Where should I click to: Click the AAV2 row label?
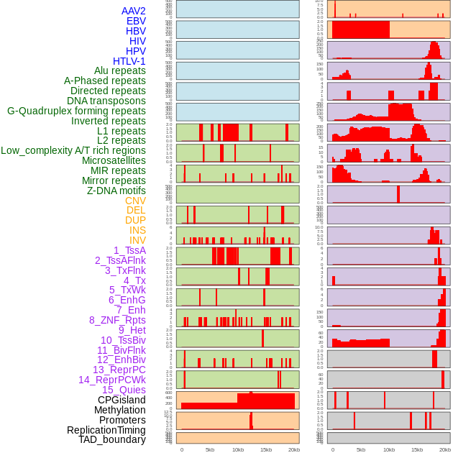[133, 11]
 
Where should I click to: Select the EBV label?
[136, 21]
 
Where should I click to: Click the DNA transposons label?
[106, 101]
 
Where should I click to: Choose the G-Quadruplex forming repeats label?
[76, 111]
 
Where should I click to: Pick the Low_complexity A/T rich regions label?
[73, 150]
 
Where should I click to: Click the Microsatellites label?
[114, 160]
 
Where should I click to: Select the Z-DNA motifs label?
[116, 191]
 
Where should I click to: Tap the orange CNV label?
[135, 201]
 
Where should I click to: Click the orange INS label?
[137, 230]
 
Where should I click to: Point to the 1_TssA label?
[129, 250]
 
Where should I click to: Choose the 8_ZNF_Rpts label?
[117, 320]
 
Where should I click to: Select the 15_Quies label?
[124, 390]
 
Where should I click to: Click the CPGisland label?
[122, 400]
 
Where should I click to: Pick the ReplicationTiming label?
[106, 430]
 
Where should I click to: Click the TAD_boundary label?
[112, 439]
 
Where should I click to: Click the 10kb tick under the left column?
[237, 449]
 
